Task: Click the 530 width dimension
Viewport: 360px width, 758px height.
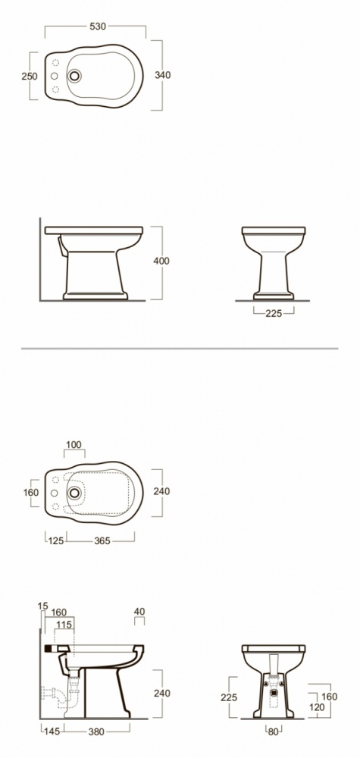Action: click(98, 27)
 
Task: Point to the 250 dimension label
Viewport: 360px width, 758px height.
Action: click(30, 77)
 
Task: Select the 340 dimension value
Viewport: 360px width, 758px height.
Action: click(163, 75)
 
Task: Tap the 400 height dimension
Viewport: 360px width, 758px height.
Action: click(161, 261)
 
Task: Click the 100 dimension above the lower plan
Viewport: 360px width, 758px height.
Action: click(74, 445)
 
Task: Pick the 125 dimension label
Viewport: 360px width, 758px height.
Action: click(56, 540)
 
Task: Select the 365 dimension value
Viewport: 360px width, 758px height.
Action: click(102, 540)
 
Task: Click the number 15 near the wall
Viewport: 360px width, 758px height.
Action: click(43, 606)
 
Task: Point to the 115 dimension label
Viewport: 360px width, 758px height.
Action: click(64, 625)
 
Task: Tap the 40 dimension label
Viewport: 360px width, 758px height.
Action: click(139, 612)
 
